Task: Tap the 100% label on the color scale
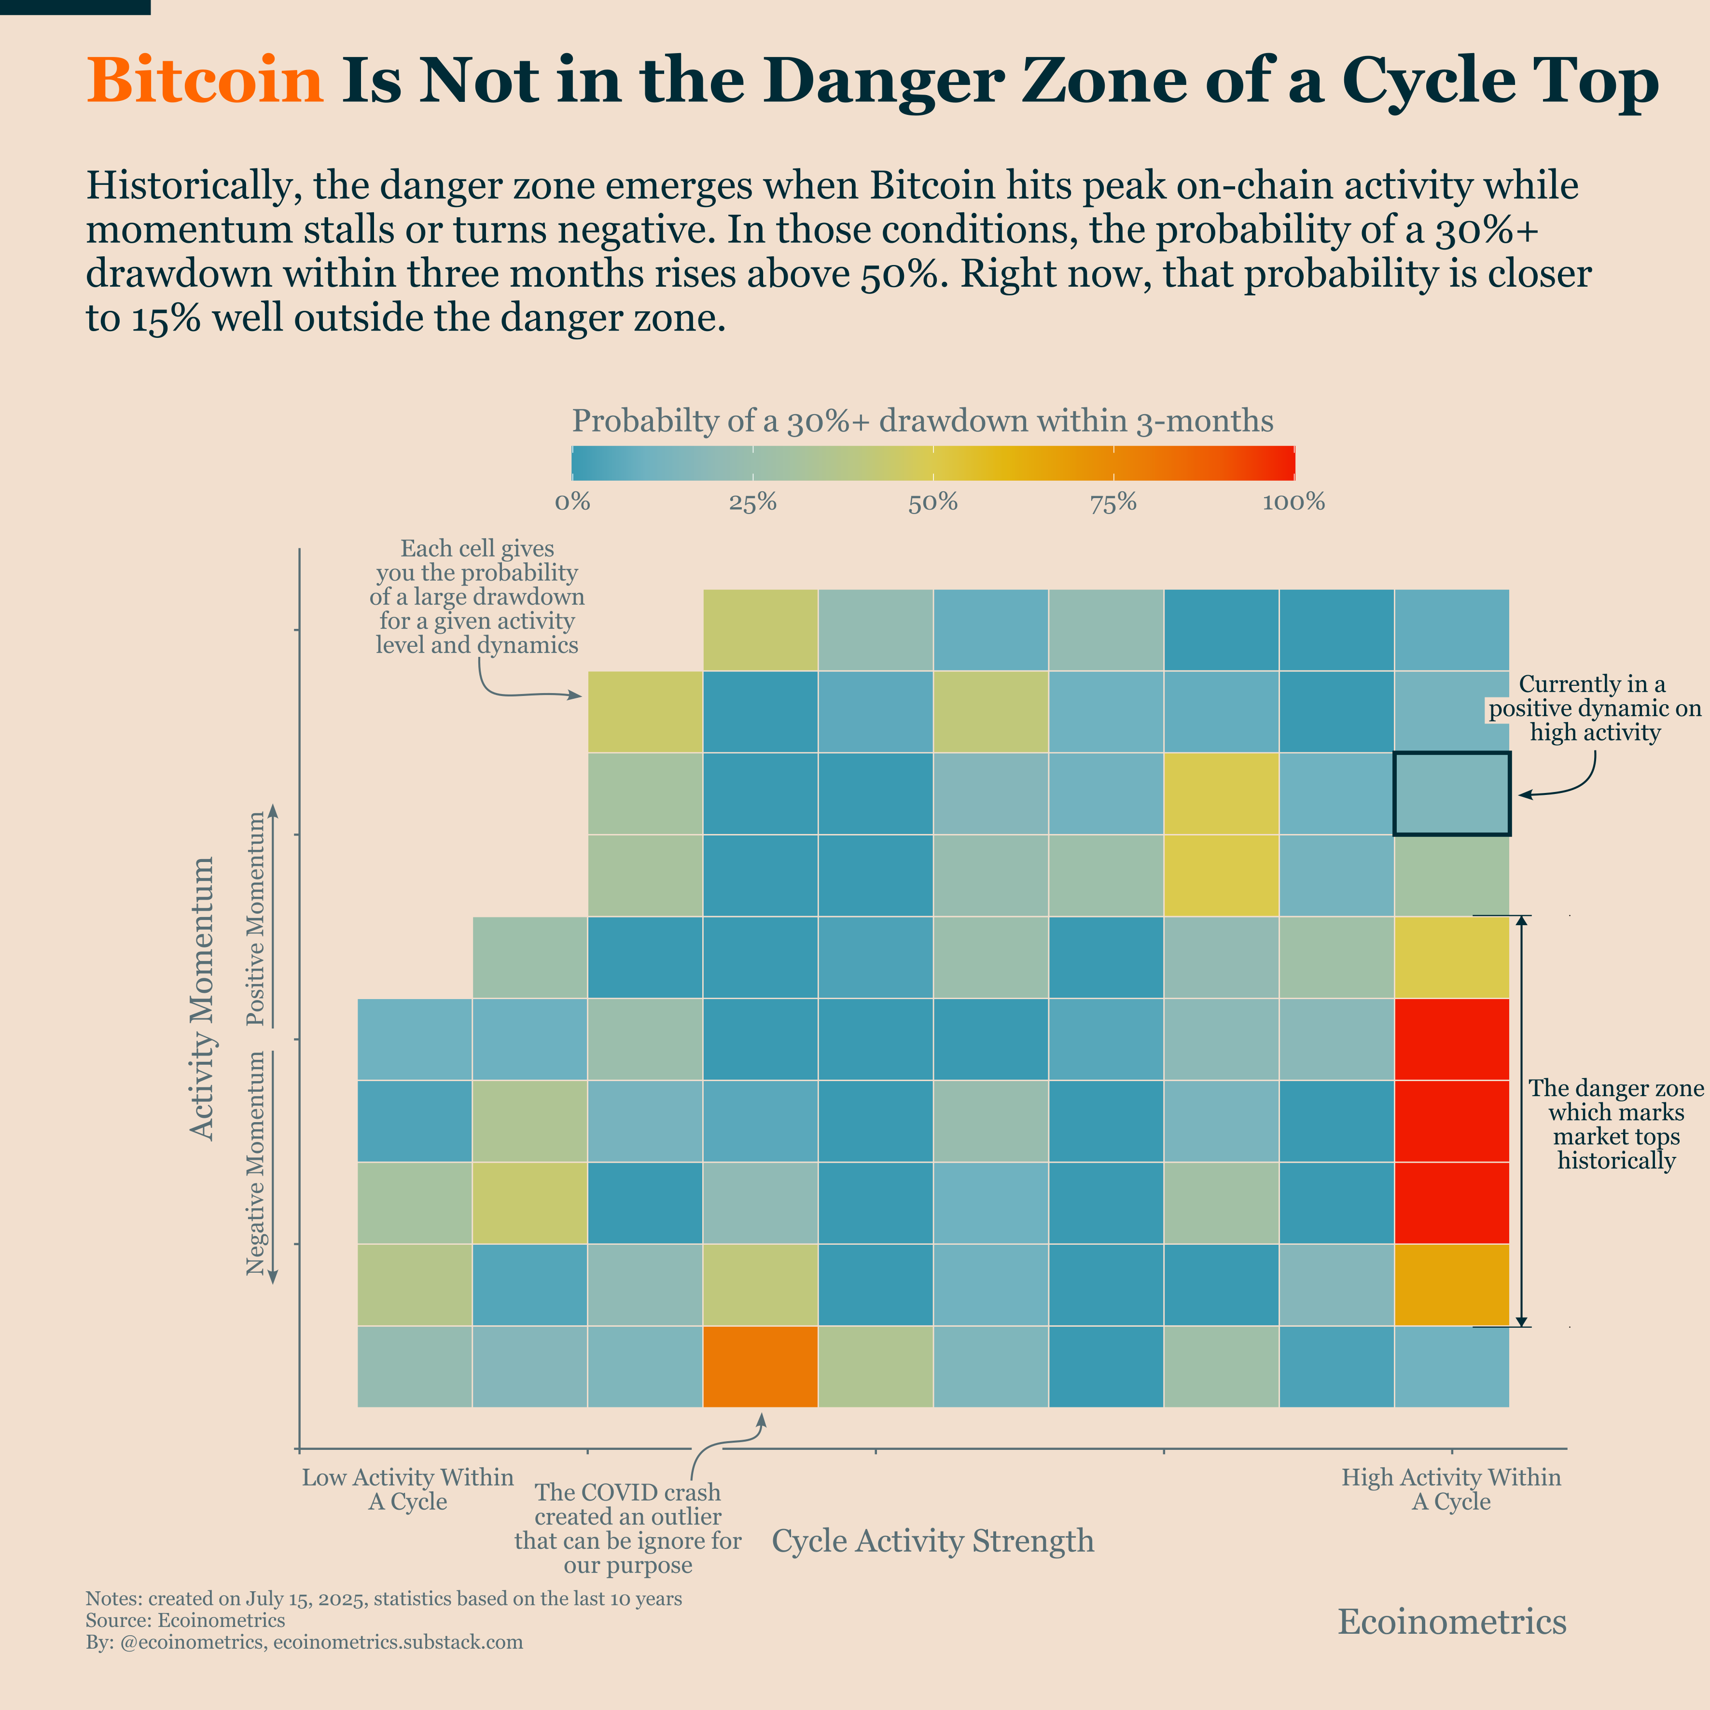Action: click(x=1293, y=503)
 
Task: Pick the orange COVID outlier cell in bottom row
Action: click(x=759, y=1366)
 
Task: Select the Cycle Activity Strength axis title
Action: click(x=933, y=1541)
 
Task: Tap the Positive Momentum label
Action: click(x=256, y=919)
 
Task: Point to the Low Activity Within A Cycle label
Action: click(x=407, y=1489)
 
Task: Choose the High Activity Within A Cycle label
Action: click(x=1451, y=1489)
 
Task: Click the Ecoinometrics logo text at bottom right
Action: click(x=1452, y=1622)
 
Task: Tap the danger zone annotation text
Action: click(x=1616, y=1124)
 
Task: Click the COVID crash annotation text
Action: click(x=627, y=1529)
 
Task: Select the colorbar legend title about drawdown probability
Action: click(x=922, y=421)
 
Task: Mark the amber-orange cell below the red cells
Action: click(x=1452, y=1284)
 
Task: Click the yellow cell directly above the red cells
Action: click(x=1452, y=957)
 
